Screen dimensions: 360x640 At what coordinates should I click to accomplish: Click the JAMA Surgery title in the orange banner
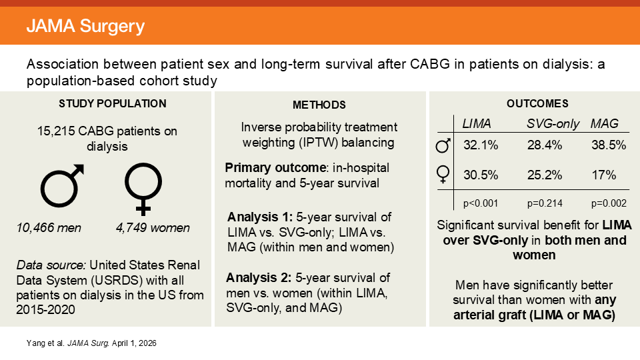[85, 27]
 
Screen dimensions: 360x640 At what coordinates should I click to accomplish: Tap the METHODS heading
[319, 105]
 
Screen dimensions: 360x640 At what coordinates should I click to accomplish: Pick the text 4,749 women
[153, 228]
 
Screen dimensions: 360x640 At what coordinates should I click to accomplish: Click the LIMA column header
[477, 123]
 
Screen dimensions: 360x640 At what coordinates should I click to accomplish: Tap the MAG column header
[604, 123]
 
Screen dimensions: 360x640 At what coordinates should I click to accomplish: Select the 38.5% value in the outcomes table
[609, 145]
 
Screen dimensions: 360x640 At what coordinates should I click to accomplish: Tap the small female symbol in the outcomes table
[443, 175]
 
